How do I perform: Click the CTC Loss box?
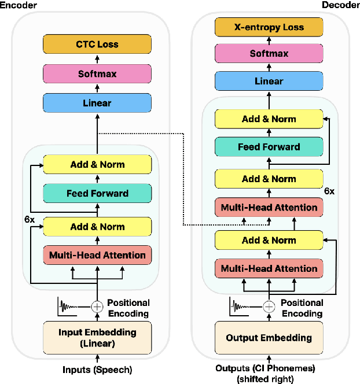(97, 44)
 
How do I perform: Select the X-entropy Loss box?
(269, 27)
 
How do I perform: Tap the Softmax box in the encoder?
(97, 74)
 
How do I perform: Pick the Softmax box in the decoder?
(269, 53)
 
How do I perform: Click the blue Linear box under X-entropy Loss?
(269, 81)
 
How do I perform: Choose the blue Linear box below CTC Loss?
(97, 103)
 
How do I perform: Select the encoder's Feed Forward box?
(97, 193)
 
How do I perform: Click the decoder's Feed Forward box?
(269, 147)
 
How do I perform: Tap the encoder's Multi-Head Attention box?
(97, 254)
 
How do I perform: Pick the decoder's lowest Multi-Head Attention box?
(269, 268)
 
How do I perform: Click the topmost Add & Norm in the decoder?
(269, 119)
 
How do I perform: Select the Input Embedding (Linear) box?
(97, 338)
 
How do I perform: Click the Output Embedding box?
(269, 338)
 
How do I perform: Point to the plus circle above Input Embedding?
(97, 307)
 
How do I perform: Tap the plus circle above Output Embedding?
(269, 307)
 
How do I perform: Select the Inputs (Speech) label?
(97, 369)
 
